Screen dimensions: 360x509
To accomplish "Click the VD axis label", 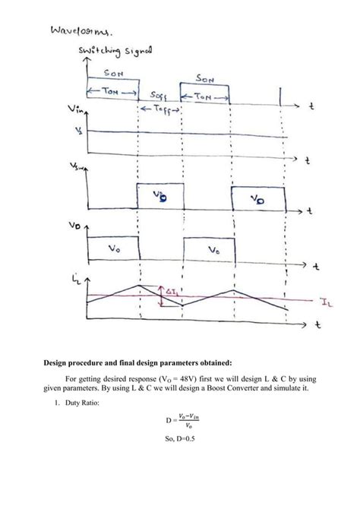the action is tap(77, 226).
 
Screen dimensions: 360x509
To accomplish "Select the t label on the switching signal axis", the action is tap(311, 108).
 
